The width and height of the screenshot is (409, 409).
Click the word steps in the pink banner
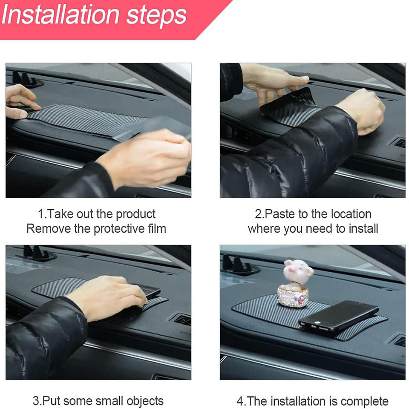tap(156, 17)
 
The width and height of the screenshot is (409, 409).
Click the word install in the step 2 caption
tap(363, 228)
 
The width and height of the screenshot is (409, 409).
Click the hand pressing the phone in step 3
tap(107, 297)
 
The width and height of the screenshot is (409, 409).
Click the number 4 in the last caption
tap(240, 401)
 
